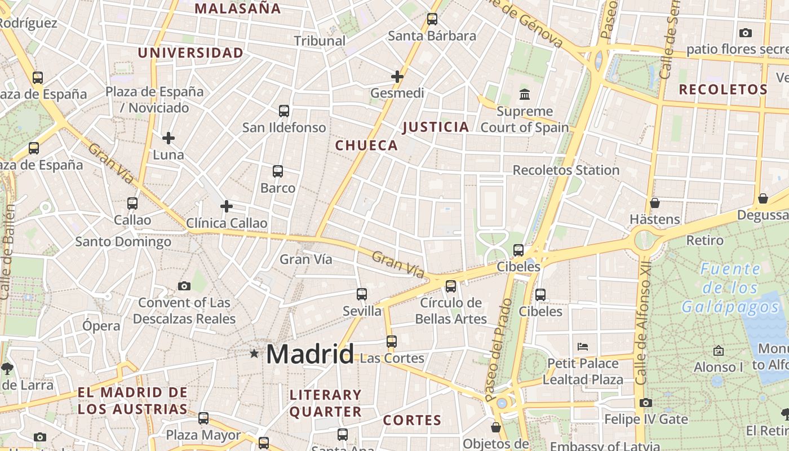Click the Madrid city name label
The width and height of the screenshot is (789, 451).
(x=309, y=354)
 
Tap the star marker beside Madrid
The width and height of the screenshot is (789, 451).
(x=254, y=353)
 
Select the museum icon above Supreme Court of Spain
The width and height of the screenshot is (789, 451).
(x=525, y=94)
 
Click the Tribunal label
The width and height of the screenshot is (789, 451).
(x=320, y=41)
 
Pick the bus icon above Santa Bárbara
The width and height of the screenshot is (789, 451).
(x=432, y=19)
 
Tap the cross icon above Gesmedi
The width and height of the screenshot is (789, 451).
(x=397, y=76)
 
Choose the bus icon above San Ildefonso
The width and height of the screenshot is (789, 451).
(x=284, y=111)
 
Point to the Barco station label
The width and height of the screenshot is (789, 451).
(x=278, y=188)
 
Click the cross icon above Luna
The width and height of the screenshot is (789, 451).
(x=169, y=138)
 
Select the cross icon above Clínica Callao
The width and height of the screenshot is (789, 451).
(x=227, y=206)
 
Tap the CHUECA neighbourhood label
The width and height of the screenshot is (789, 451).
(x=367, y=145)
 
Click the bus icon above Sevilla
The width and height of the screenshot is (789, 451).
(x=362, y=294)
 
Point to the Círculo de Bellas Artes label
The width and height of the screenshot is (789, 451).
(x=451, y=311)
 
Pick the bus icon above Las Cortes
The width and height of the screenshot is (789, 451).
(x=392, y=342)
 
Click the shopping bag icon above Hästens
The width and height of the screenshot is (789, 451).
(x=655, y=203)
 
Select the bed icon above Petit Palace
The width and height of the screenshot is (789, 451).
(x=583, y=346)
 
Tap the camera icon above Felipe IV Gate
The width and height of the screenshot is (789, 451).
(x=646, y=403)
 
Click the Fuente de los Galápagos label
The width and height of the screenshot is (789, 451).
(x=730, y=288)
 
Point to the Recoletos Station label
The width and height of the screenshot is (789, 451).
(x=566, y=170)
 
